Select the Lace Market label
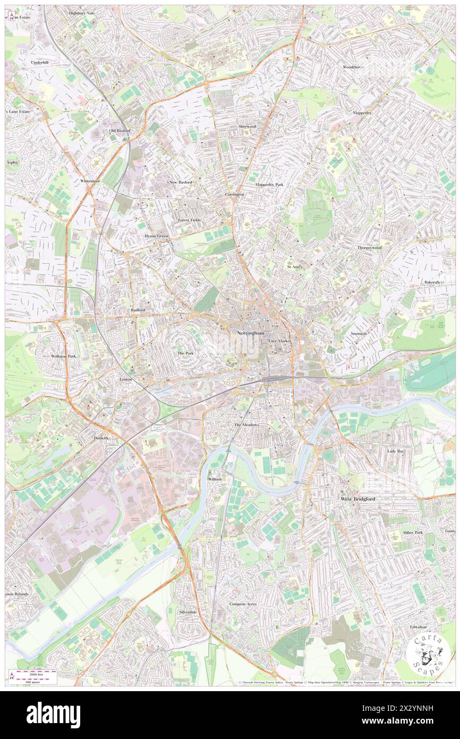[280, 340]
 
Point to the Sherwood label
[247, 127]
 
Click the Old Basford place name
[120, 130]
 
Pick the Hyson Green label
[156, 236]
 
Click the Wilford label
[214, 479]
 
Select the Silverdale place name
[188, 612]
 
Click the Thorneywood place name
[369, 248]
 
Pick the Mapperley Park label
[269, 184]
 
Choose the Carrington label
[234, 195]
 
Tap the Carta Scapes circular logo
[429, 656]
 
